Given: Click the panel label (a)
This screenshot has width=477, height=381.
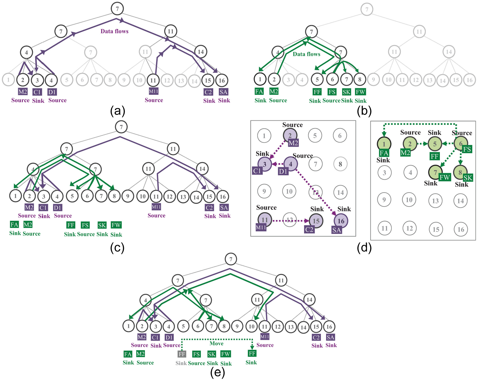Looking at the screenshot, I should click(x=117, y=111).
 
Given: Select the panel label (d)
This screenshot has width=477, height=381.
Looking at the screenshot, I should click(x=364, y=247).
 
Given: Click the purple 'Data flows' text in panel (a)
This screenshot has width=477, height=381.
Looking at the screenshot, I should click(x=114, y=31).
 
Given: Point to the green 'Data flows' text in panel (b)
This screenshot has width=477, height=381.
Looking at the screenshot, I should click(x=306, y=54).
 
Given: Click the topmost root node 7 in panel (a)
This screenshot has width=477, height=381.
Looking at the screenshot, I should click(x=117, y=9).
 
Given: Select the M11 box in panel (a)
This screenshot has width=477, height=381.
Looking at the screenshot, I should click(x=153, y=91).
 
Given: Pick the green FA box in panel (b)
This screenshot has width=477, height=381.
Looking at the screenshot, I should click(x=259, y=92).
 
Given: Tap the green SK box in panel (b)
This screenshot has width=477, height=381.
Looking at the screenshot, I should click(x=346, y=92).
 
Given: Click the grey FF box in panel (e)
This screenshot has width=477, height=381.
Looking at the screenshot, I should click(x=182, y=354).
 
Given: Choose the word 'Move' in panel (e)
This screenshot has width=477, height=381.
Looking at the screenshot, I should click(x=216, y=343).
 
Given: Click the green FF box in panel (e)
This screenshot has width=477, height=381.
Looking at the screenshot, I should click(x=252, y=354).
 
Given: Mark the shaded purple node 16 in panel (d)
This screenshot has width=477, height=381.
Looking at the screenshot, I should click(x=341, y=221).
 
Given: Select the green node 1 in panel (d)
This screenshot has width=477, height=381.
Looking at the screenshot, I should click(x=384, y=144).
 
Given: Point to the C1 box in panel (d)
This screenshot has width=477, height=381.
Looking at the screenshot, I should click(x=257, y=171).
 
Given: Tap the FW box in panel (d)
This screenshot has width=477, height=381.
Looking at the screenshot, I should click(x=445, y=177).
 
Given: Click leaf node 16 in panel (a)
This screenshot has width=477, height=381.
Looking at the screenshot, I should click(x=222, y=80).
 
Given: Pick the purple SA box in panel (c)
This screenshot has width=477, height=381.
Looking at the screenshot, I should click(x=224, y=208).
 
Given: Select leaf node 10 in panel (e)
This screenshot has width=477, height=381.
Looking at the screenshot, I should click(x=252, y=326).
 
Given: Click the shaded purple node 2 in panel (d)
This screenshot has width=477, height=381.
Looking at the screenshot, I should click(x=290, y=135).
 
